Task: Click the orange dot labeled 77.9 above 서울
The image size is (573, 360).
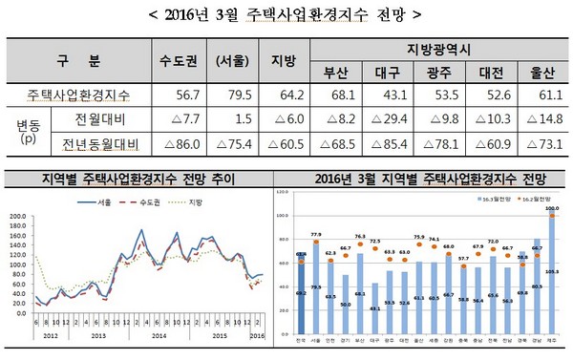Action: click(x=315, y=244)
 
